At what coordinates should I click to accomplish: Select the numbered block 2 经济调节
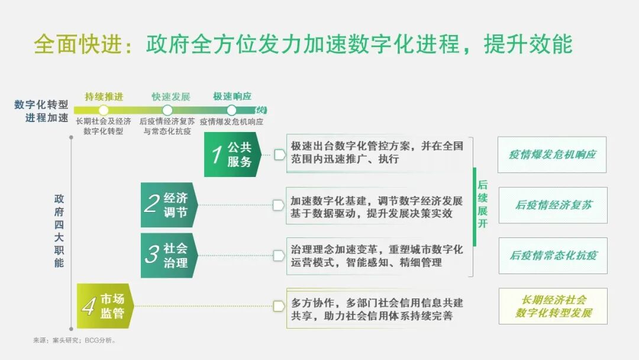[169, 205]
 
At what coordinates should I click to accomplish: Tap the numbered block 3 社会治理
[169, 255]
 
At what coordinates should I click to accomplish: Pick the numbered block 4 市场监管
[105, 306]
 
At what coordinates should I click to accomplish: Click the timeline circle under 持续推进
[104, 110]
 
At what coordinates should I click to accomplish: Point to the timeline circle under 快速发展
[167, 110]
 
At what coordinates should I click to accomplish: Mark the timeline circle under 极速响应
[231, 110]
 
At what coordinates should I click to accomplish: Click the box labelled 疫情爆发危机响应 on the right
[552, 155]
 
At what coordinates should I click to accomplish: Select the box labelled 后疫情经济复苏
[553, 205]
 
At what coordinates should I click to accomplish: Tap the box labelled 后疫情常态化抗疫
[553, 256]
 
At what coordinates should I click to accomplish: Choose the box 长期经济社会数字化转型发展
[553, 306]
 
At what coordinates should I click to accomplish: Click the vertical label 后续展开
[483, 204]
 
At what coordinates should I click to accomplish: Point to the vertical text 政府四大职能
[59, 231]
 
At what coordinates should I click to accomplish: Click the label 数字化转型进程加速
[42, 111]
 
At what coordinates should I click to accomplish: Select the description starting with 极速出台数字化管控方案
[377, 153]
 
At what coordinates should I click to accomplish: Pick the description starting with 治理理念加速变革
[377, 256]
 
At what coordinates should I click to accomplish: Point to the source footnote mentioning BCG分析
[75, 340]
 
